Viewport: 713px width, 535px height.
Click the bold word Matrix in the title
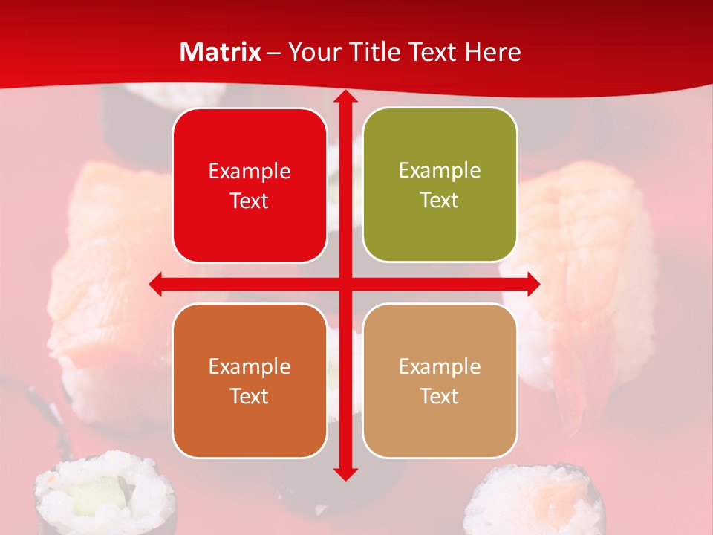221,52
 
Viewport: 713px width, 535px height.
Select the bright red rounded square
250,185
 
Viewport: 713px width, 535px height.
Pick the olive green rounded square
440,184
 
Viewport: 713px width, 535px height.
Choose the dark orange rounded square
250,380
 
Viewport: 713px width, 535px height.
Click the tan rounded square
440,380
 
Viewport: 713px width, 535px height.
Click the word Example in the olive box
440,170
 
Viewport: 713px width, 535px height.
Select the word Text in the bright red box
250,201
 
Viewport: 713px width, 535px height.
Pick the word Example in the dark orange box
250,366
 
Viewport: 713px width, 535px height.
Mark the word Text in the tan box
440,397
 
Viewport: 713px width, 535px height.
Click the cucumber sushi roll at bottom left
104,494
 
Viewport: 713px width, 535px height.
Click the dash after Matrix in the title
274,53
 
